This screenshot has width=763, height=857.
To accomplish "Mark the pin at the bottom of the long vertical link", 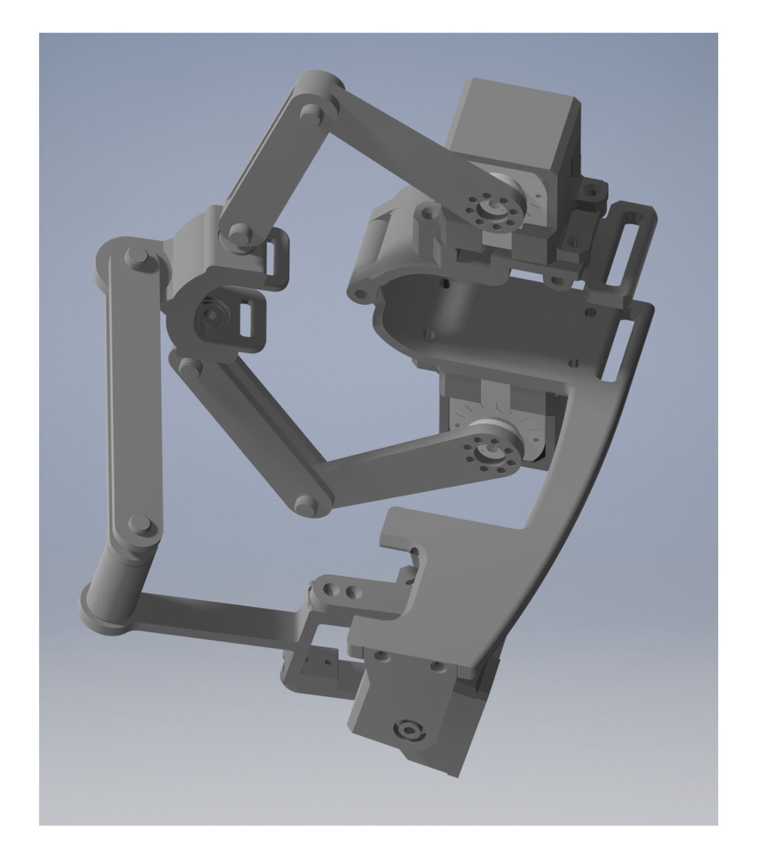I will [x=139, y=524].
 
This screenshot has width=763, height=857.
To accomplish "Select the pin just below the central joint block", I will [x=191, y=365].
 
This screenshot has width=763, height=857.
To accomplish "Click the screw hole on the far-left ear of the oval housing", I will [x=362, y=293].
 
